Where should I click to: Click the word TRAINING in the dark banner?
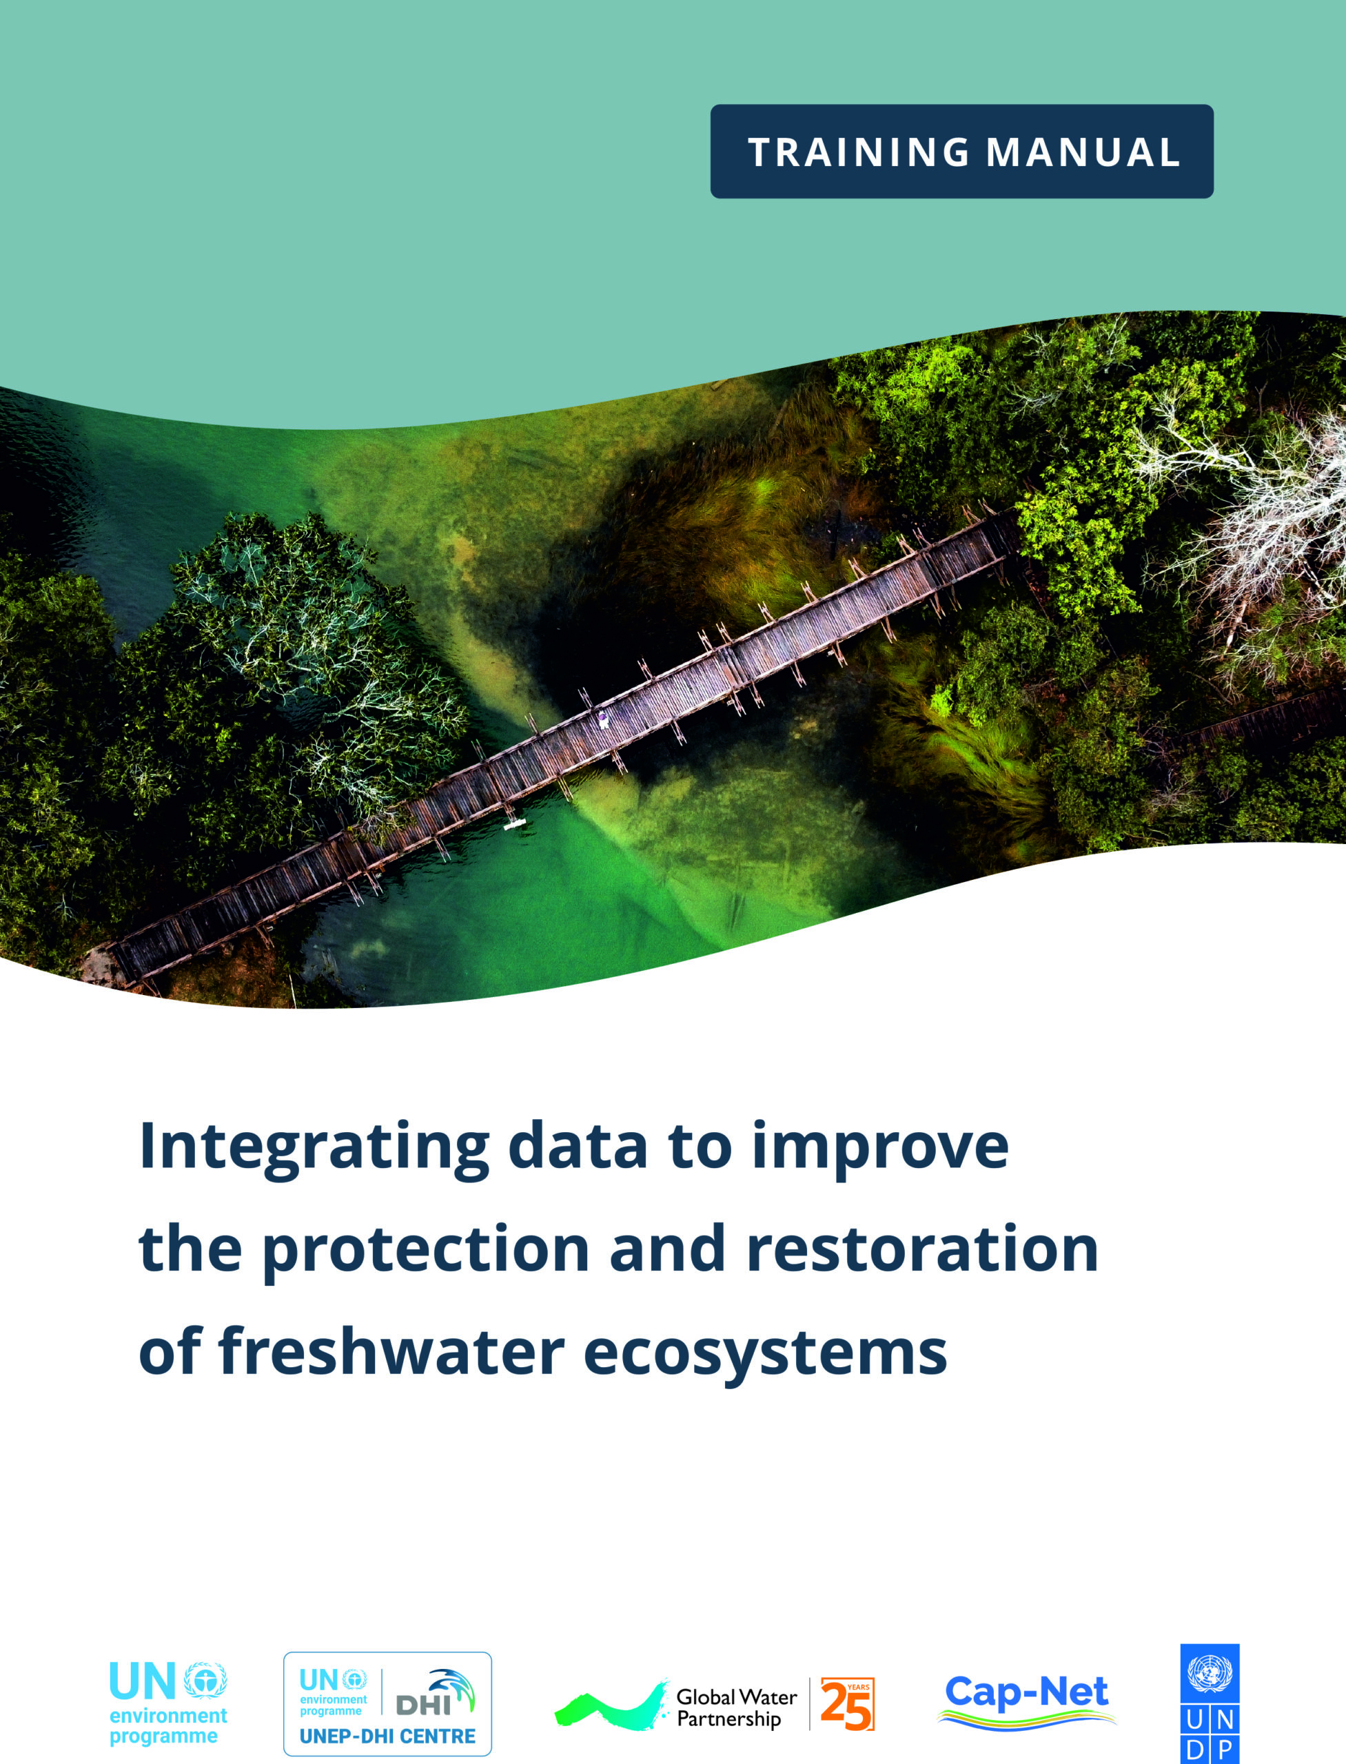click(858, 152)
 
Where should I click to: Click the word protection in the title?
click(426, 1251)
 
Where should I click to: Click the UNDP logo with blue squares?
click(1210, 1702)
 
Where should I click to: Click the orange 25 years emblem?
click(847, 1703)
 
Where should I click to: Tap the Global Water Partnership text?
click(736, 1707)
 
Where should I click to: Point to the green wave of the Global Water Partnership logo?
click(611, 1706)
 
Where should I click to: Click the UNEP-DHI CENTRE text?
click(387, 1736)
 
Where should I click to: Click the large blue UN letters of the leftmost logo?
click(142, 1681)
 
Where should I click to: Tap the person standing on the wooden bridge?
click(602, 719)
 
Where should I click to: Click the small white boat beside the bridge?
click(514, 823)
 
